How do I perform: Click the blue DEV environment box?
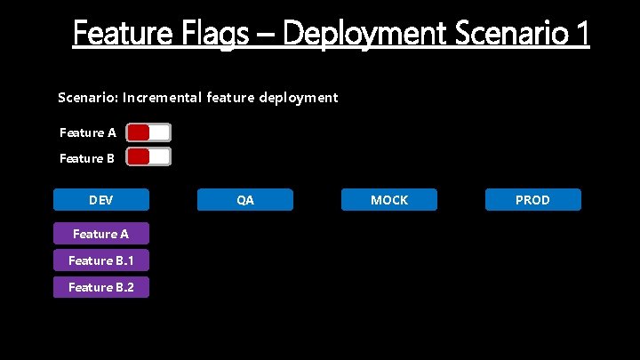point(100,200)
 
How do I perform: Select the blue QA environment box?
point(244,200)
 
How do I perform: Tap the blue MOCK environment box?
point(389,200)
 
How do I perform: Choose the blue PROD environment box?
point(532,200)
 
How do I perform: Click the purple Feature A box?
point(100,234)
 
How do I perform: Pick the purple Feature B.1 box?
point(100,260)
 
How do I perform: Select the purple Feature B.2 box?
point(100,287)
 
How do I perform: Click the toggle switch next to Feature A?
point(148,132)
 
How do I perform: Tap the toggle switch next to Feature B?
point(148,157)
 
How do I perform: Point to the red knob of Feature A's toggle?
point(139,132)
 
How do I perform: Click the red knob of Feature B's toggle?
point(139,157)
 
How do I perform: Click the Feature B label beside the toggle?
point(87,158)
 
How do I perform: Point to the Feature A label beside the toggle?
point(87,132)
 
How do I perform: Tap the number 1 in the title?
point(581,34)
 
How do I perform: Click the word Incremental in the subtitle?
point(163,97)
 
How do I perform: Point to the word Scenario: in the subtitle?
point(87,97)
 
